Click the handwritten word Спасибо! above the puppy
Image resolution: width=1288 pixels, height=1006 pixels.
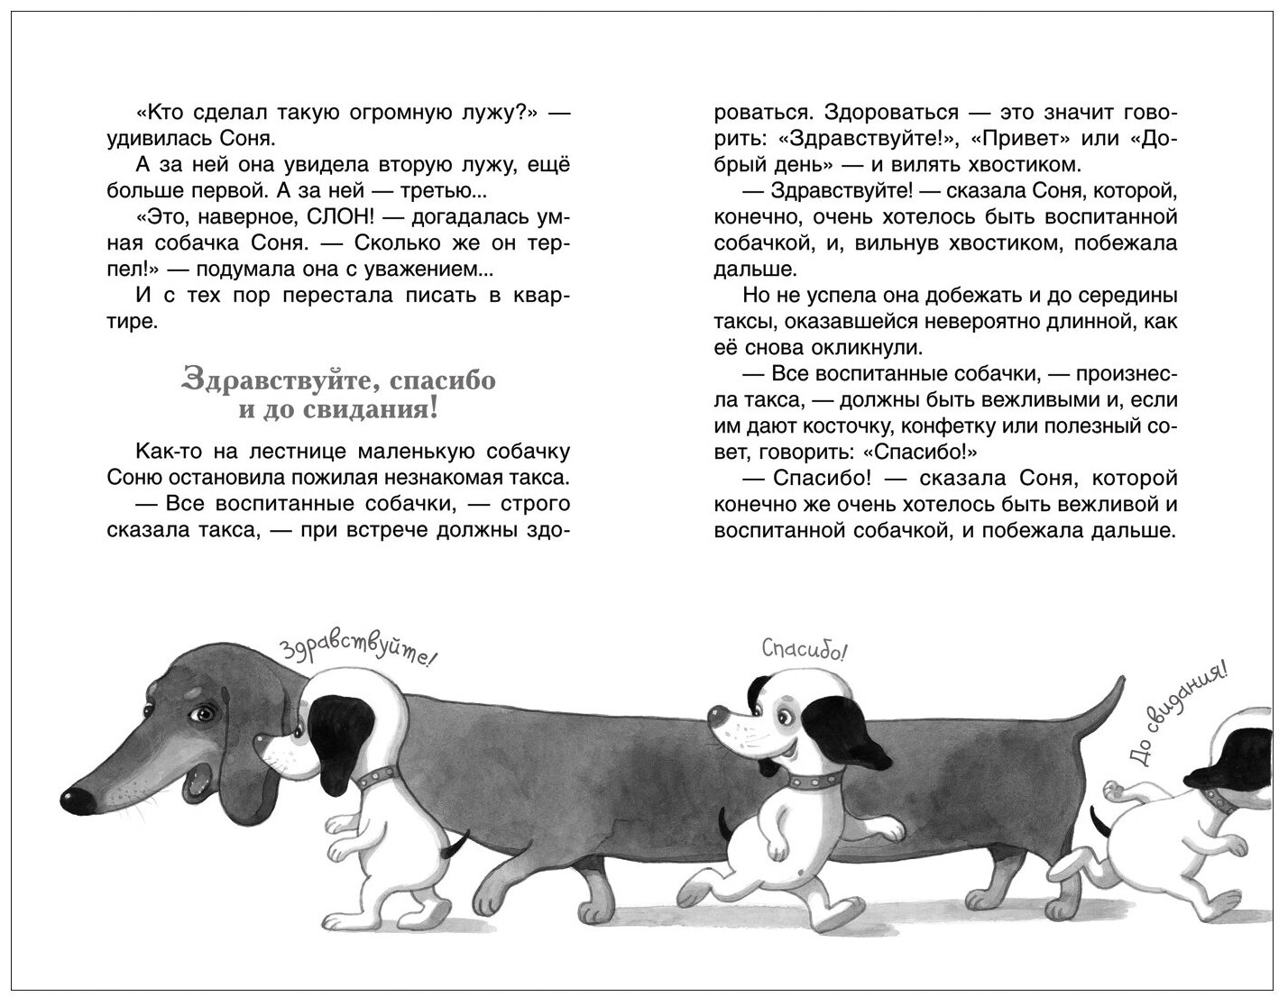pos(805,650)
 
